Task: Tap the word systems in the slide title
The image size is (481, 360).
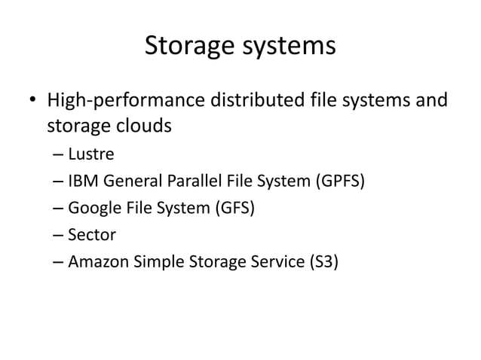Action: coord(293,47)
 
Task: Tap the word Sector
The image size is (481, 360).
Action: coord(92,235)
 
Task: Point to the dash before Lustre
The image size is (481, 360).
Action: coord(59,155)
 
